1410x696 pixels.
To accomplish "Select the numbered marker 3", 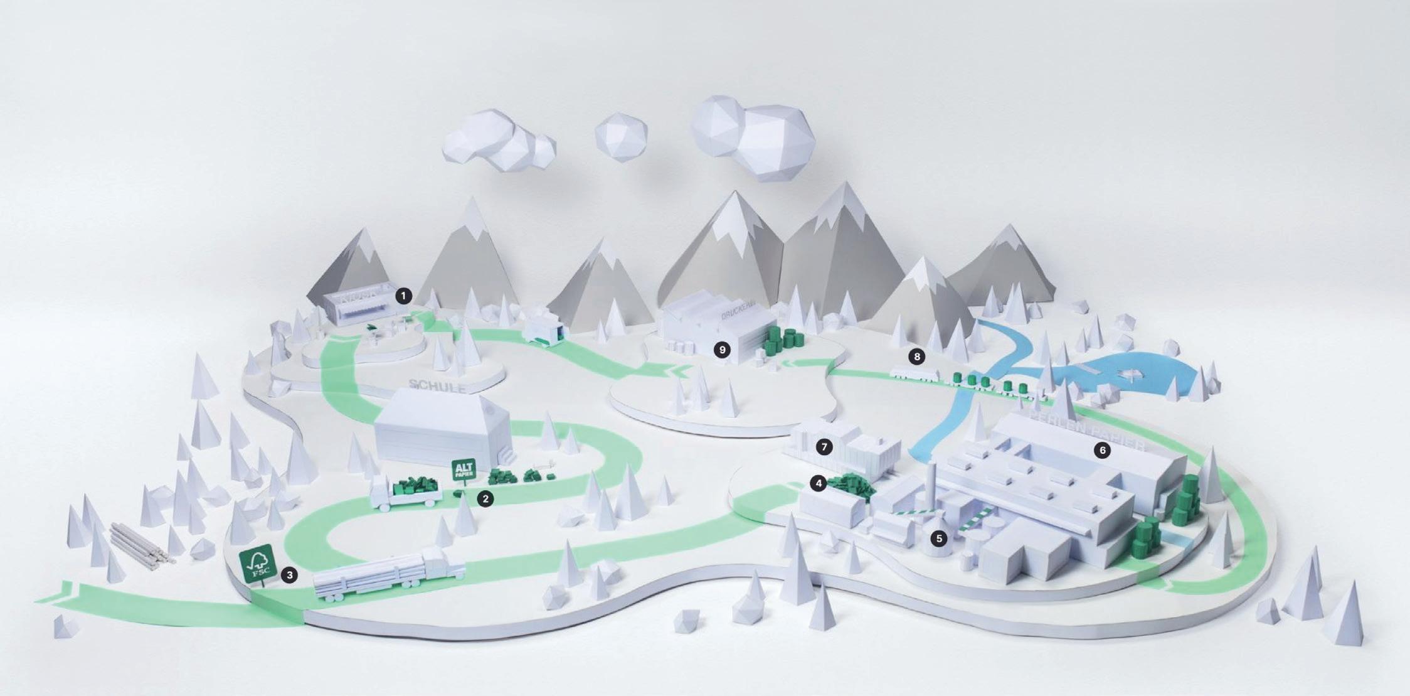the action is pyautogui.click(x=289, y=574).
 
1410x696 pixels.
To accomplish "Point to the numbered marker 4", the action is pyautogui.click(x=817, y=483).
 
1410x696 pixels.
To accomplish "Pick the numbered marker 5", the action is pyautogui.click(x=938, y=538).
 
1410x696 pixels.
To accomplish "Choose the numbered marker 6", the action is pyautogui.click(x=1101, y=450).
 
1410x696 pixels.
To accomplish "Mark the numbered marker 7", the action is pyautogui.click(x=824, y=447).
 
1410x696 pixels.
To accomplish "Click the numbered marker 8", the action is pyautogui.click(x=917, y=356).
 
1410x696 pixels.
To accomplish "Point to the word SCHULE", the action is pyautogui.click(x=437, y=385).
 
